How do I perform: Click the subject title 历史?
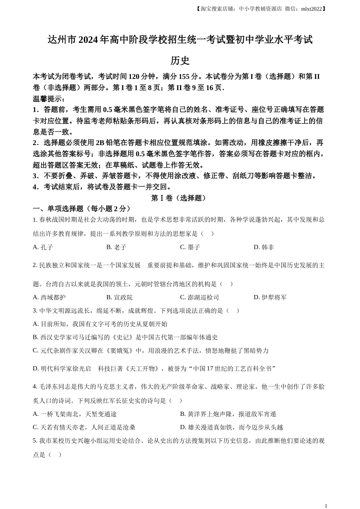[x=180, y=61]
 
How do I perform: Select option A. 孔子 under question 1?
[x=43, y=247]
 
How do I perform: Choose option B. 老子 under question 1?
[x=116, y=247]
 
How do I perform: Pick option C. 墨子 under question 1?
[x=190, y=247]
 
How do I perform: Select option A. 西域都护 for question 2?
[x=49, y=297]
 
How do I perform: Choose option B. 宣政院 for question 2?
[x=119, y=297]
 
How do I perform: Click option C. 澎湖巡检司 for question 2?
[x=199, y=297]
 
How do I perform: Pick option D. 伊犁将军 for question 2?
[x=270, y=297]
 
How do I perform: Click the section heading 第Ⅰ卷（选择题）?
[x=179, y=198]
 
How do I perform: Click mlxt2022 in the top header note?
[x=311, y=9]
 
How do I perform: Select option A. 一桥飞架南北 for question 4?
[x=75, y=414]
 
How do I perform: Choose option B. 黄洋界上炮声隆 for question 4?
[x=228, y=414]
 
